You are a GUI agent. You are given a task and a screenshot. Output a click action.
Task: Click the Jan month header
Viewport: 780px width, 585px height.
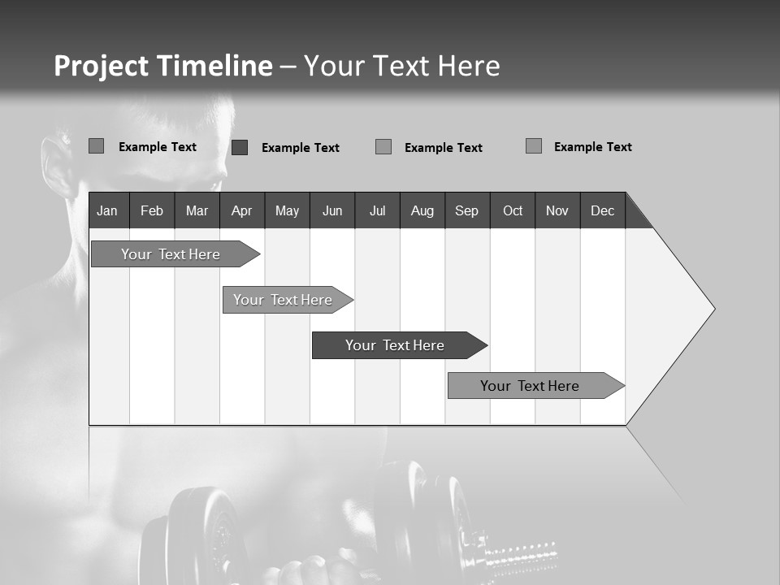pyautogui.click(x=107, y=210)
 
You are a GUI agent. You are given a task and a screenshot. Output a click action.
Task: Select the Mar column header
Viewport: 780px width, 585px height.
pyautogui.click(x=197, y=210)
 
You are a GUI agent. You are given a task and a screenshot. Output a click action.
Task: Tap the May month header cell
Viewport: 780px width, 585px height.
pyautogui.click(x=287, y=210)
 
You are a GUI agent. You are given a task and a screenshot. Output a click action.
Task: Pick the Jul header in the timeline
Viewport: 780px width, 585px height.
pyautogui.click(x=377, y=210)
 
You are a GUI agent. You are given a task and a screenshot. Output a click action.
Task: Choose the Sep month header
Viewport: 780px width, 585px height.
pyautogui.click(x=466, y=210)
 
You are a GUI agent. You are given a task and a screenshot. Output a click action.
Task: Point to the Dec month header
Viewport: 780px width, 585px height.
pyautogui.click(x=602, y=210)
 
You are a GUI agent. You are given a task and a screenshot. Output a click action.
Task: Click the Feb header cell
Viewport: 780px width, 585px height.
pyautogui.click(x=152, y=210)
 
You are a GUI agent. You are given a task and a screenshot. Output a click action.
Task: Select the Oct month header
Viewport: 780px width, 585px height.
pyautogui.click(x=513, y=210)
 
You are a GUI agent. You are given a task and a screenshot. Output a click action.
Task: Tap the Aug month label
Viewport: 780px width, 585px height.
pyautogui.click(x=422, y=210)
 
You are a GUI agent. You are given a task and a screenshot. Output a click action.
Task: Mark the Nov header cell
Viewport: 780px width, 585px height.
pyautogui.click(x=557, y=210)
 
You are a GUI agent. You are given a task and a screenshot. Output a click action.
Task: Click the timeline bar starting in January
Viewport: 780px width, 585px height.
pyautogui.click(x=171, y=254)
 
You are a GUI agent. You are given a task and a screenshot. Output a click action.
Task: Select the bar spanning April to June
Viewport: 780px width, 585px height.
pyautogui.click(x=283, y=300)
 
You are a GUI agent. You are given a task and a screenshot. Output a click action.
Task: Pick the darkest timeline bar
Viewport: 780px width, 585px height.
pyautogui.click(x=395, y=345)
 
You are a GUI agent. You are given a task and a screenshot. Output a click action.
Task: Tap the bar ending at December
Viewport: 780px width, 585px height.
pyautogui.click(x=530, y=386)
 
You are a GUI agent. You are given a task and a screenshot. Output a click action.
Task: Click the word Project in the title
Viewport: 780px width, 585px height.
pyautogui.click(x=101, y=66)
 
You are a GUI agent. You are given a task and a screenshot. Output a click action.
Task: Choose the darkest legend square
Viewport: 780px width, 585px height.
pyautogui.click(x=240, y=147)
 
